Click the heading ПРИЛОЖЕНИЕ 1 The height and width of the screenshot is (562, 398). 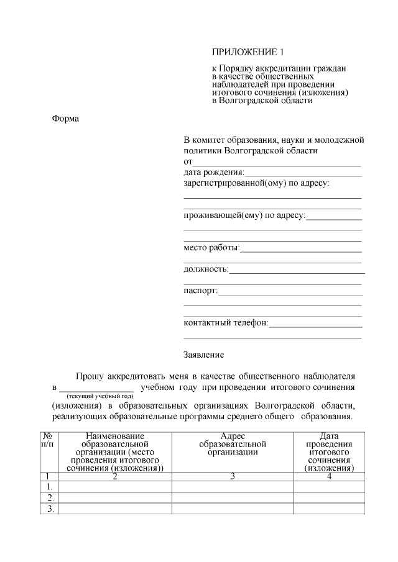click(248, 52)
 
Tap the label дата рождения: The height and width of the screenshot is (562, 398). click(214, 172)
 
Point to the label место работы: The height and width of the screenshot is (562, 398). click(211, 248)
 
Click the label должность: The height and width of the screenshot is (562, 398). click(206, 269)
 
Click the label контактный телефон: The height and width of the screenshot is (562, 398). click(226, 323)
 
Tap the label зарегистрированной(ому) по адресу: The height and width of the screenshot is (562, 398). click(256, 183)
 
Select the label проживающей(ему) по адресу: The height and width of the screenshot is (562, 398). click(244, 215)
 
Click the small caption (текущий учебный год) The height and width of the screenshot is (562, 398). click(100, 396)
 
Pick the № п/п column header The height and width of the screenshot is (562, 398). click(47, 440)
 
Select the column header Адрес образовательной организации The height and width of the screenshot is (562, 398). click(233, 445)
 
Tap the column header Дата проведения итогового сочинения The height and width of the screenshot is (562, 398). click(329, 452)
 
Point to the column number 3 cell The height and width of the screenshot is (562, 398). click(233, 476)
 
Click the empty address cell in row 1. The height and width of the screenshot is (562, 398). click(233, 487)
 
